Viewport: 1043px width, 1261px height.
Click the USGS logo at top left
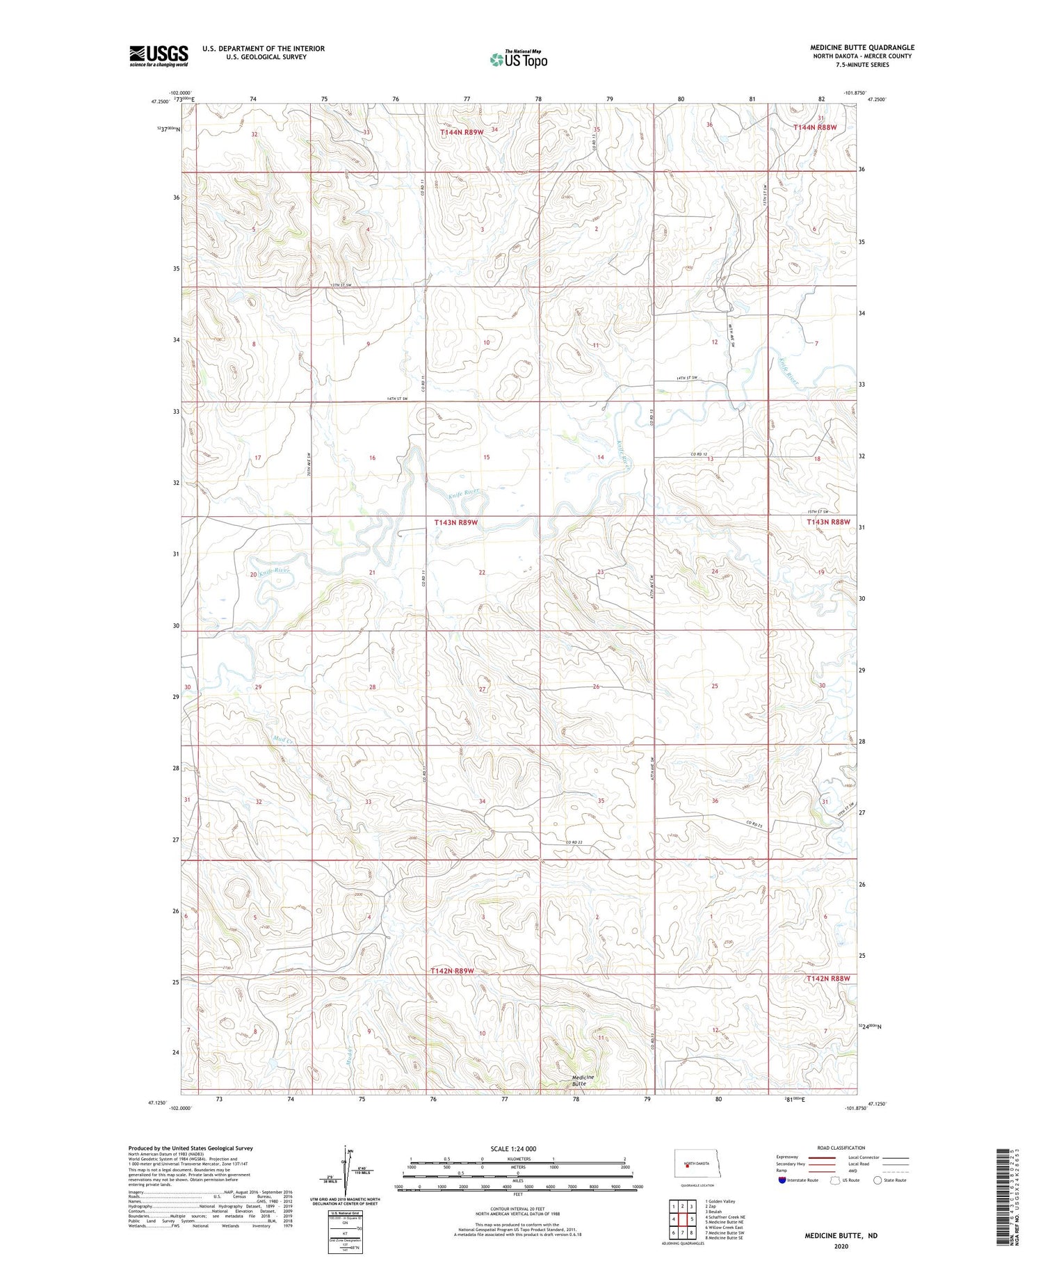[159, 56]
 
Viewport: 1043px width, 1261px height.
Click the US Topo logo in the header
[519, 60]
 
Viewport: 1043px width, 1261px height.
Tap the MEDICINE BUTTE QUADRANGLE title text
[862, 48]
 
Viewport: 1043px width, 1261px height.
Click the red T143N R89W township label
[455, 522]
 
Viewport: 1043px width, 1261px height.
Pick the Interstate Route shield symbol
[782, 1180]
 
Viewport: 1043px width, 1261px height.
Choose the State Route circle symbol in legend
[878, 1180]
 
